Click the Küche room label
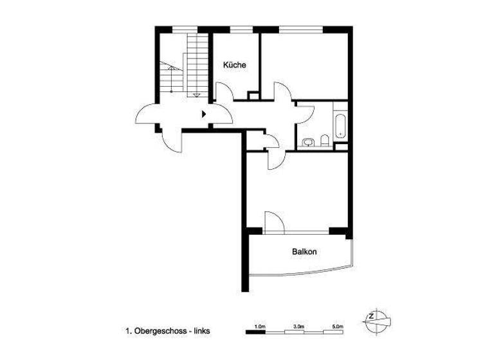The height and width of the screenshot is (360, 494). tap(234, 66)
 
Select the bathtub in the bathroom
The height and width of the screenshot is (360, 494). tap(340, 125)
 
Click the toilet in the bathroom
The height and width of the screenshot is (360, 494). tap(325, 140)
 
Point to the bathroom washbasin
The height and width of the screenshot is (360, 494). tap(308, 142)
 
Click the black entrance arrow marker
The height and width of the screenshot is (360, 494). tap(204, 114)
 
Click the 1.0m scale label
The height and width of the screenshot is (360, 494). tap(260, 327)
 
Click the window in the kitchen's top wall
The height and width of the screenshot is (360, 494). tap(240, 28)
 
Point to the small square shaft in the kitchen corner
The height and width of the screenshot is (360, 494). tap(253, 96)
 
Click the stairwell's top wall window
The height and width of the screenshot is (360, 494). tap(187, 28)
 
